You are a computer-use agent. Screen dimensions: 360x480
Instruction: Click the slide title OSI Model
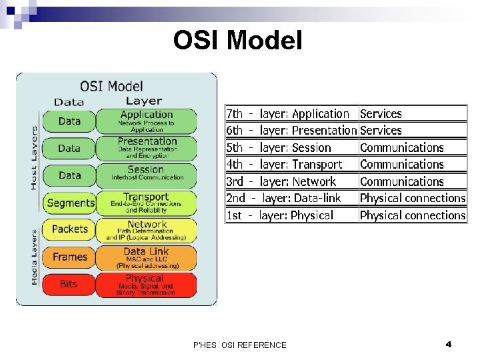pos(237,41)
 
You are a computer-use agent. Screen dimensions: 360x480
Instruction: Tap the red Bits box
pos(69,284)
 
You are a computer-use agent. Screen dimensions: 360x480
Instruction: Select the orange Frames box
pos(69,257)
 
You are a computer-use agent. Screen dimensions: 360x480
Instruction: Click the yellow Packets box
pos(69,229)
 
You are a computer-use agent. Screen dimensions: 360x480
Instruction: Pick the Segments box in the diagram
pos(71,203)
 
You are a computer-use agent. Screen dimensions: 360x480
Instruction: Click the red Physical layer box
pos(146,285)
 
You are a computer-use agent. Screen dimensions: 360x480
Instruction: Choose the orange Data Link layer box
pos(146,257)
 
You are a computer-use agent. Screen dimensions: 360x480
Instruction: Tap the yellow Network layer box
pos(146,230)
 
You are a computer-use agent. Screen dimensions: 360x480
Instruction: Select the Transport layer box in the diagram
pos(146,203)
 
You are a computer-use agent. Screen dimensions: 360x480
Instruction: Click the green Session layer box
pos(146,175)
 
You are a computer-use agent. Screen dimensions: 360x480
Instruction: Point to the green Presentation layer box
pos(146,148)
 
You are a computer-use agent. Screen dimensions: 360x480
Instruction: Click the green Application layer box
pos(146,121)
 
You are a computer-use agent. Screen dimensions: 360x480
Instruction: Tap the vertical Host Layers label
pos(34,158)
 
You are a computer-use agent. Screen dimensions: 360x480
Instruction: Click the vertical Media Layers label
pos(34,257)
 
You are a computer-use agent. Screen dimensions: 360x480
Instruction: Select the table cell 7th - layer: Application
pos(291,114)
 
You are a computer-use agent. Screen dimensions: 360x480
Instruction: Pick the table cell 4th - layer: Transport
pos(291,165)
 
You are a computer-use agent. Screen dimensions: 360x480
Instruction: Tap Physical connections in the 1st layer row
pos(412,215)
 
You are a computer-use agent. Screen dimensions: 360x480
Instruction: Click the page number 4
pos(449,345)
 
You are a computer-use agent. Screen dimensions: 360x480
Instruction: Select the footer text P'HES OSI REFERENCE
pos(239,345)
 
